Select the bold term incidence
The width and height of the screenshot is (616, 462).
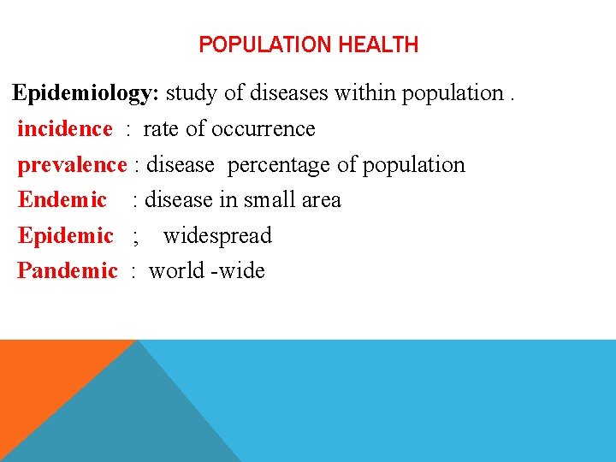coord(65,129)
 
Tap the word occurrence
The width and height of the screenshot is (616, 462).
coord(263,129)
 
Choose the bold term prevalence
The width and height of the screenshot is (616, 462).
coord(72,164)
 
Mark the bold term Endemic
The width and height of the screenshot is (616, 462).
coord(62,200)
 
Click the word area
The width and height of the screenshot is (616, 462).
coord(321,200)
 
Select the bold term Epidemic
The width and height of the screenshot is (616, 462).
coord(66,235)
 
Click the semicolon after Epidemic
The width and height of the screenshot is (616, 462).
coord(135,237)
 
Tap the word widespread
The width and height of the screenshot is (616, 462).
coord(217,235)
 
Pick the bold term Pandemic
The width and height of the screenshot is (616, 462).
coord(68,271)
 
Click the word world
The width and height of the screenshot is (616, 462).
coord(177,271)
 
